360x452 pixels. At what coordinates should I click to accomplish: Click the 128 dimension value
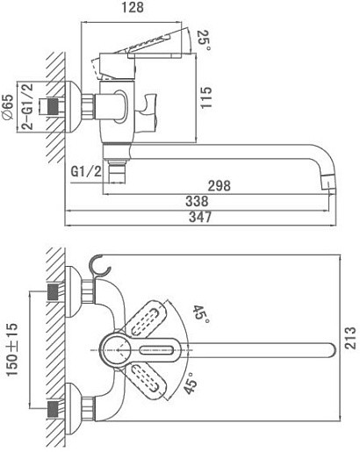[133, 8]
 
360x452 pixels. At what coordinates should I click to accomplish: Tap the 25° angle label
[204, 40]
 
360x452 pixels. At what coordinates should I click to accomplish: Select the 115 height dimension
[205, 97]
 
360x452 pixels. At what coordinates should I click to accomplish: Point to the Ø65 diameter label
[8, 107]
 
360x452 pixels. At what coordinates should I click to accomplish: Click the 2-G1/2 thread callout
[28, 106]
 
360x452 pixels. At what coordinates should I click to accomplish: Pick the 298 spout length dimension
[220, 186]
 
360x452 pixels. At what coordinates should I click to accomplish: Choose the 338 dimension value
[197, 201]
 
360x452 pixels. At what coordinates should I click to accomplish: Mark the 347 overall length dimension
[200, 217]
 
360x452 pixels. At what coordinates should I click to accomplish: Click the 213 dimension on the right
[350, 338]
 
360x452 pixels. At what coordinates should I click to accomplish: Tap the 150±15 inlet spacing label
[11, 349]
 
